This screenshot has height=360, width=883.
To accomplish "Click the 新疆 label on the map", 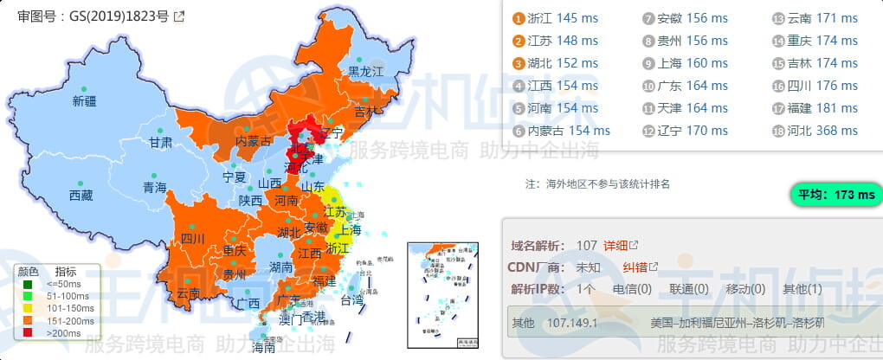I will click(x=85, y=101).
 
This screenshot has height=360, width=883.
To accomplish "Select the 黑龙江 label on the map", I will click(x=365, y=72).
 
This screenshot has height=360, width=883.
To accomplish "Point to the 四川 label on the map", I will click(x=193, y=238).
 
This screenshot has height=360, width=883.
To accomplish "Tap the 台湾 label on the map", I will click(x=352, y=301).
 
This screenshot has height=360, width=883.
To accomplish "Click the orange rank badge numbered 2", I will click(x=519, y=41).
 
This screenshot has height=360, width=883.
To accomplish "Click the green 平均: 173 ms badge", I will click(x=836, y=195).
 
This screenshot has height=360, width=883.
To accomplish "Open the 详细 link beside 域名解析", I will click(x=616, y=246).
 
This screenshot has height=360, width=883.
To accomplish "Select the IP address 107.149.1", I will click(x=572, y=323).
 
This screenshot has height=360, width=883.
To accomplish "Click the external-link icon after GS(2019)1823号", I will click(x=178, y=16).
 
